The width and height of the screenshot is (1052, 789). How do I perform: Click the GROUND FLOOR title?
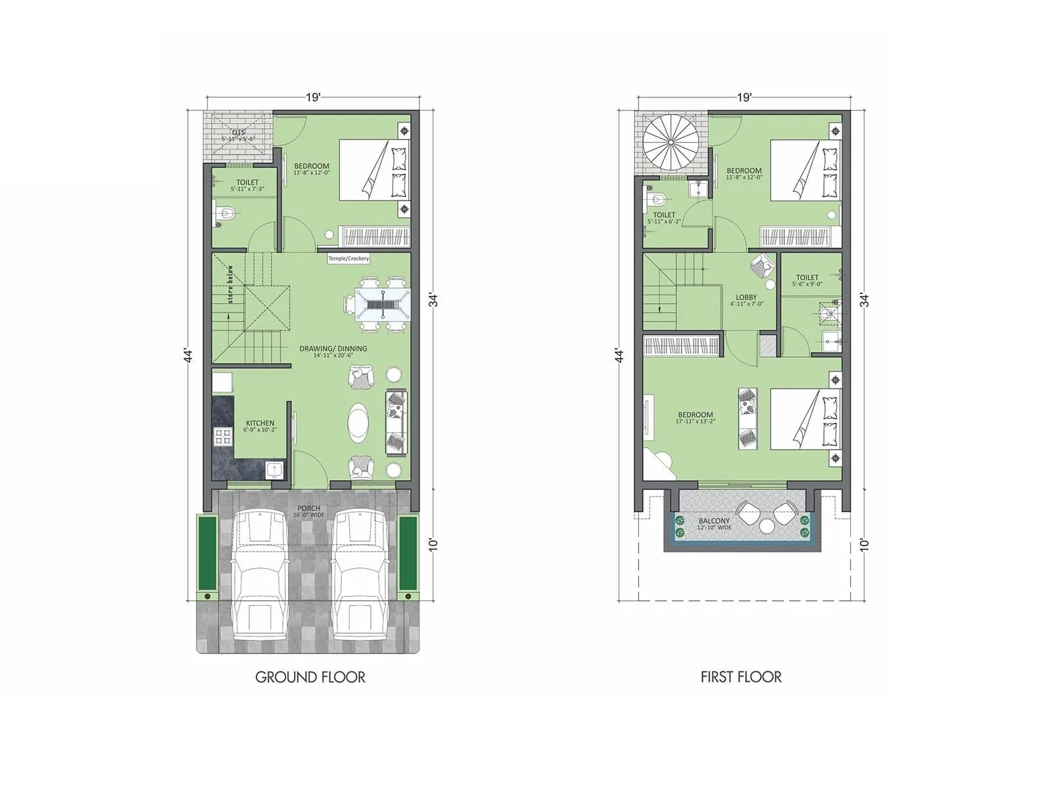coord(310,677)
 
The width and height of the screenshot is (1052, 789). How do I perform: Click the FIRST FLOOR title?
coord(741,677)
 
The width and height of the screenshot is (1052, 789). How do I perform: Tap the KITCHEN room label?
coord(260,423)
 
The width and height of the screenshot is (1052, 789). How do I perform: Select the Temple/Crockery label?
coord(348,258)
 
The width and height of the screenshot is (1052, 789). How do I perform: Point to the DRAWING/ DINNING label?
coord(333,348)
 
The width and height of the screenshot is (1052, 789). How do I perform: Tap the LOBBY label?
coord(746,298)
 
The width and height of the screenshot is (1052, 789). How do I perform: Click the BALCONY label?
coord(714,521)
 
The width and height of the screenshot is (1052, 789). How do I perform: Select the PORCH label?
coord(309,508)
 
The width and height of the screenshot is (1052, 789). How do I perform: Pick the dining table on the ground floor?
coord(377,305)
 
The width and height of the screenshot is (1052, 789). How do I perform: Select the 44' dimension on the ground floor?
coord(189,355)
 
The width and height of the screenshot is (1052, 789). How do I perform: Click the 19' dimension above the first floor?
coord(744,98)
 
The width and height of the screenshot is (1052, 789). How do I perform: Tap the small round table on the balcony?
coord(767,526)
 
